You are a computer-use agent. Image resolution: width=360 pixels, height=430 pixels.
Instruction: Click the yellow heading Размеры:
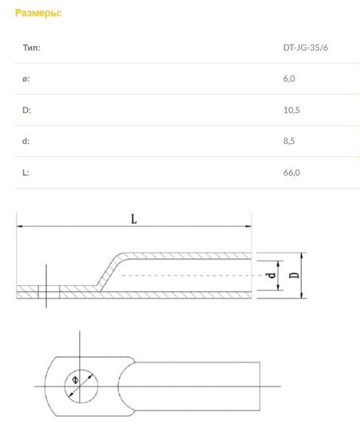coord(38,13)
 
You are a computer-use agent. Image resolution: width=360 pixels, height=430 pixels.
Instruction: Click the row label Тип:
coord(32,48)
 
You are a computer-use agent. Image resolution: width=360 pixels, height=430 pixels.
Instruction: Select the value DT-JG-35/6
coord(306,48)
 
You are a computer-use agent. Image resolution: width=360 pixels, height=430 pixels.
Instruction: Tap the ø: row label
coord(26,79)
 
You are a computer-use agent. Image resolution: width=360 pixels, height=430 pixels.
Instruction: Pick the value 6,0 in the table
coord(289,79)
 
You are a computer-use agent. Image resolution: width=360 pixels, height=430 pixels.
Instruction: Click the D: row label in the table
coord(26,110)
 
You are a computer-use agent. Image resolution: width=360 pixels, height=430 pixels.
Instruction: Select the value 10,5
coord(291,110)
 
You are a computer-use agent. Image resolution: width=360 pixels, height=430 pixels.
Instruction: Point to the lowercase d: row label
coord(26,141)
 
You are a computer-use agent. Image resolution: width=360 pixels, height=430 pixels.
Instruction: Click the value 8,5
coord(289,141)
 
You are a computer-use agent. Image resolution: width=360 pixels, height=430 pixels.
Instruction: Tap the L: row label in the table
coord(26,173)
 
